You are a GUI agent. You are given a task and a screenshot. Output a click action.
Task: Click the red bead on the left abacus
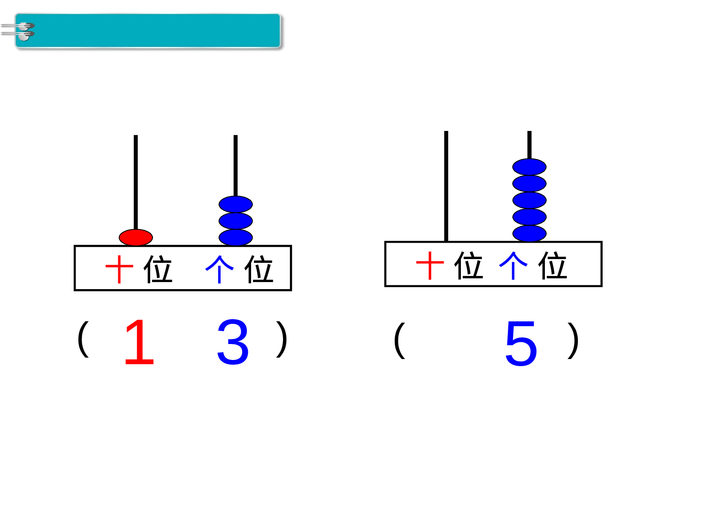136,237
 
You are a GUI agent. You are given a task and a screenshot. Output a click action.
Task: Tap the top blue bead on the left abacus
236,204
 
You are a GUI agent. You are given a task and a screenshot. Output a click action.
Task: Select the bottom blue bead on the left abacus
236,237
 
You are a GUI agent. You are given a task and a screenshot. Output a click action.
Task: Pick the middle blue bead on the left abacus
236,221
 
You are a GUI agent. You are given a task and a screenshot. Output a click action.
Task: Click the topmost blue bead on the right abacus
529,167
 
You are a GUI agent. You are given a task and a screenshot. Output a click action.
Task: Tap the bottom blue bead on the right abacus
529,233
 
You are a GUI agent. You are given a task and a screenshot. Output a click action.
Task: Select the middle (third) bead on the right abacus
529,200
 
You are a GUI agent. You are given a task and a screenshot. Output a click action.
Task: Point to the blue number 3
233,342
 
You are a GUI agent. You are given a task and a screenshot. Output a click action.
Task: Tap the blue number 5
521,344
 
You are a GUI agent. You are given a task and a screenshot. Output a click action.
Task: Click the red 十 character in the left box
120,269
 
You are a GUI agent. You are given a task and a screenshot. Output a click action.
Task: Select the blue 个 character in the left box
219,269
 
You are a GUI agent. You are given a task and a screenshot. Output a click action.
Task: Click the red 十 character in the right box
430,265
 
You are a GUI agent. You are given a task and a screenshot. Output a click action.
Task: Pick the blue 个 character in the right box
513,265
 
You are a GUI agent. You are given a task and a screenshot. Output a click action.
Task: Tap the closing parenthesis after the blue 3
282,339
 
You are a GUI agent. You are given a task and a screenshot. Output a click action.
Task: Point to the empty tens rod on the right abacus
446,188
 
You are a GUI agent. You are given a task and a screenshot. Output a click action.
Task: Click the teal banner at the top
155,31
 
